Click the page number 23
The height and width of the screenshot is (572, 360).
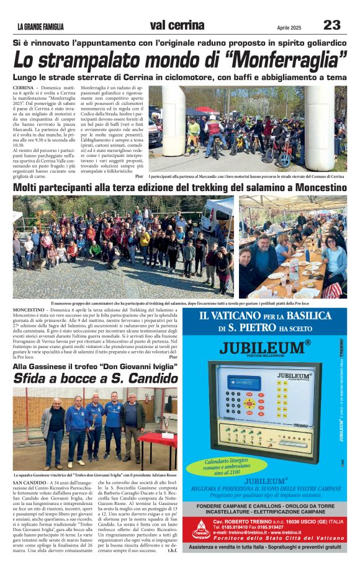pos(332,25)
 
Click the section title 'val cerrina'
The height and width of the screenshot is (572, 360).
pos(177,25)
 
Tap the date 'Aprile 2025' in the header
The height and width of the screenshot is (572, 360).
pos(289,27)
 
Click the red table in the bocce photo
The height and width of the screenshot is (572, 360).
pos(158,439)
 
